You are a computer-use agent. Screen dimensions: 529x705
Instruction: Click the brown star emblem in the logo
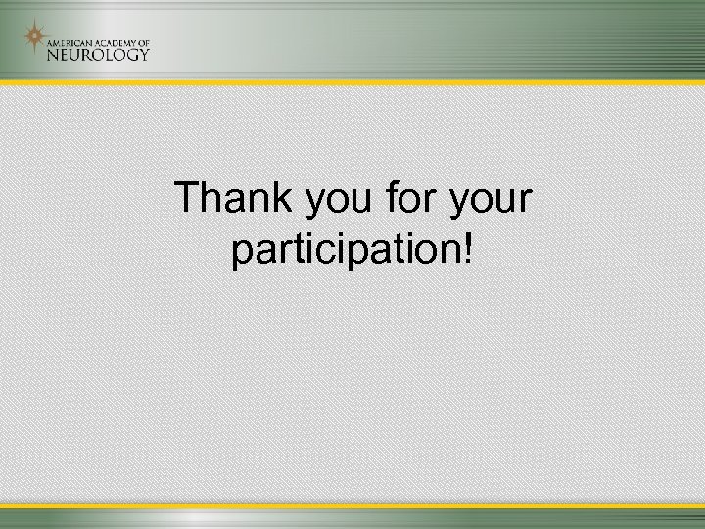pos(34,38)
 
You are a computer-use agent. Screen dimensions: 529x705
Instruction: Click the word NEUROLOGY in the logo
pos(99,54)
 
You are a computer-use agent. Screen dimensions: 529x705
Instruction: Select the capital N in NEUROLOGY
pos(54,54)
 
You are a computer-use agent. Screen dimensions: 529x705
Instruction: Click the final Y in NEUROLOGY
pos(143,54)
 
